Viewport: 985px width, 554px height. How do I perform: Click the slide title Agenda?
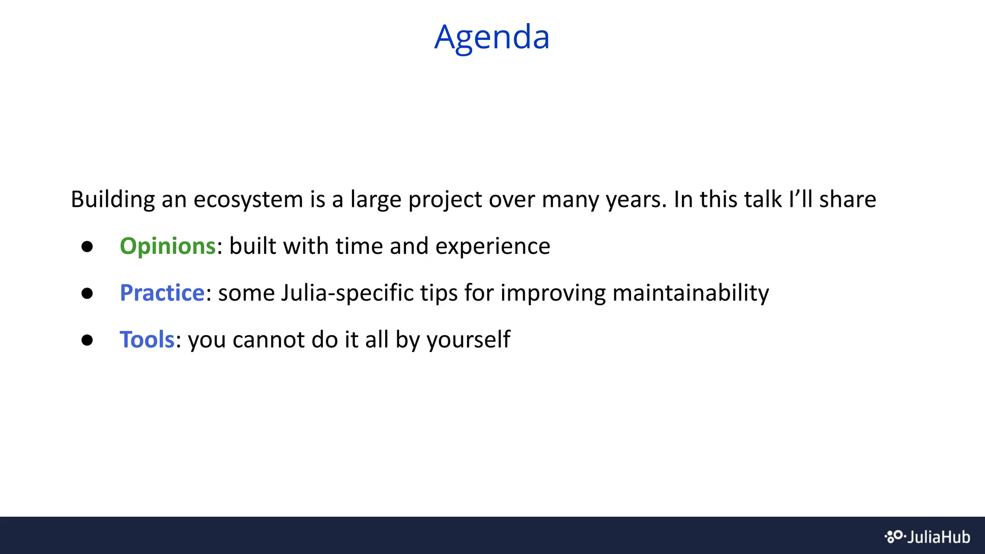click(492, 37)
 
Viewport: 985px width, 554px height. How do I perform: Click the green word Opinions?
click(167, 246)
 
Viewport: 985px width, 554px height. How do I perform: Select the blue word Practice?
click(162, 293)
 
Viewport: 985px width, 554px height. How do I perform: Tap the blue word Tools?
click(147, 340)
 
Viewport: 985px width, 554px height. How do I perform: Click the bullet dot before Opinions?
click(87, 247)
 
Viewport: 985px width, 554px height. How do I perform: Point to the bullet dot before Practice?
click(87, 293)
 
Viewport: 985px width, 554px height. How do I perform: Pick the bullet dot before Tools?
click(87, 340)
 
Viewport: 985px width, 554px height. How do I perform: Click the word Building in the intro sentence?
click(113, 200)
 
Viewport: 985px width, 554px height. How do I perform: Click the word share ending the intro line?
click(847, 200)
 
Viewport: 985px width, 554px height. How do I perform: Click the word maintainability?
click(691, 293)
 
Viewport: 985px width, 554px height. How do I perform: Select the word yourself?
click(468, 340)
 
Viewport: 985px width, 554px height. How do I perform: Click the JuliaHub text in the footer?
click(938, 537)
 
